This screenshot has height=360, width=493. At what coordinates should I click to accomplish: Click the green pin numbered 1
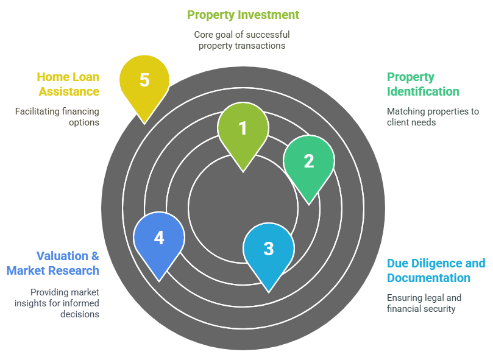point(243,129)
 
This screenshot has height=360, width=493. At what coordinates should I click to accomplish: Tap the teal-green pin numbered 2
point(309,161)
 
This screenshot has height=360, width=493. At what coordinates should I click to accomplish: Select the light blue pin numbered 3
point(269,249)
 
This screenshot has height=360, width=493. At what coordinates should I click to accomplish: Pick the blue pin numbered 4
point(159,238)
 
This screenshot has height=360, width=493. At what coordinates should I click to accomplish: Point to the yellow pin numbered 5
point(144,81)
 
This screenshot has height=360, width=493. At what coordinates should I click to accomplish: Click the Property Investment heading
point(243,15)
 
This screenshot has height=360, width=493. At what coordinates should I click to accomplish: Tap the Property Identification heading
point(423,84)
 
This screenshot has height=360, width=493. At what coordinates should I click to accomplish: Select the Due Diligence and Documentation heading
point(436,270)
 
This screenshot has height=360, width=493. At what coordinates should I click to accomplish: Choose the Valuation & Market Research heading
point(53,263)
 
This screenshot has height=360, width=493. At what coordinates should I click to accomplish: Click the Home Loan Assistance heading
point(68,84)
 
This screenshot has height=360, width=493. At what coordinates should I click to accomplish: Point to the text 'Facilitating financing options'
point(57,117)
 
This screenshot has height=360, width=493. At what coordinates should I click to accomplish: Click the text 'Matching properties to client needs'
point(432,117)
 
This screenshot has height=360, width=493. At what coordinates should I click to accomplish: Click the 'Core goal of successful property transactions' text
point(242,40)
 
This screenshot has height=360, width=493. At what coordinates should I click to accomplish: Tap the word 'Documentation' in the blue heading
point(428,278)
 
